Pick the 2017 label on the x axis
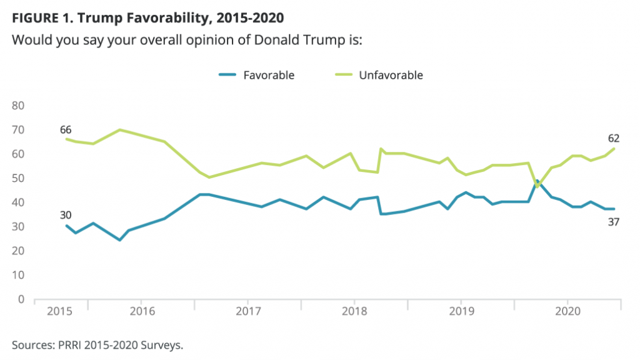tap(248, 311)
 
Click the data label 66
tap(66, 130)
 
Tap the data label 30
tap(66, 215)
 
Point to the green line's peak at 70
tap(119, 129)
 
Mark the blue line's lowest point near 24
tap(119, 240)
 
